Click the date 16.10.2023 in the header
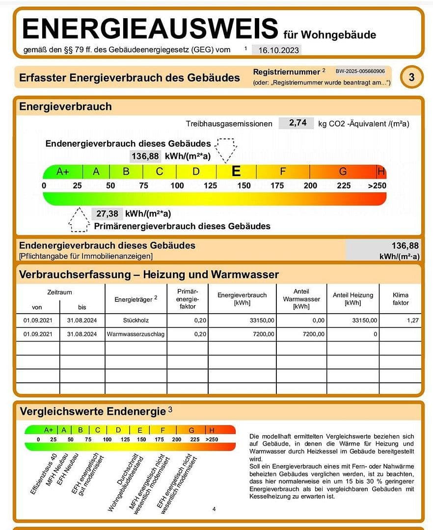276,50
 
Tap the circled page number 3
411,78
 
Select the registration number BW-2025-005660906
360,72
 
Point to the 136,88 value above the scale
145,156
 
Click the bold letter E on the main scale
236,171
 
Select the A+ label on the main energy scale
63,171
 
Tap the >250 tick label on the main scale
377,185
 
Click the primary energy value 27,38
107,214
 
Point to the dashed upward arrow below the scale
79,219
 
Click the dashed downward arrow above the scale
226,149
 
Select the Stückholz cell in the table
135,320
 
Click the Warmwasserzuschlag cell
135,334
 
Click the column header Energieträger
135,299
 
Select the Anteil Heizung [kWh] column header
352,299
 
